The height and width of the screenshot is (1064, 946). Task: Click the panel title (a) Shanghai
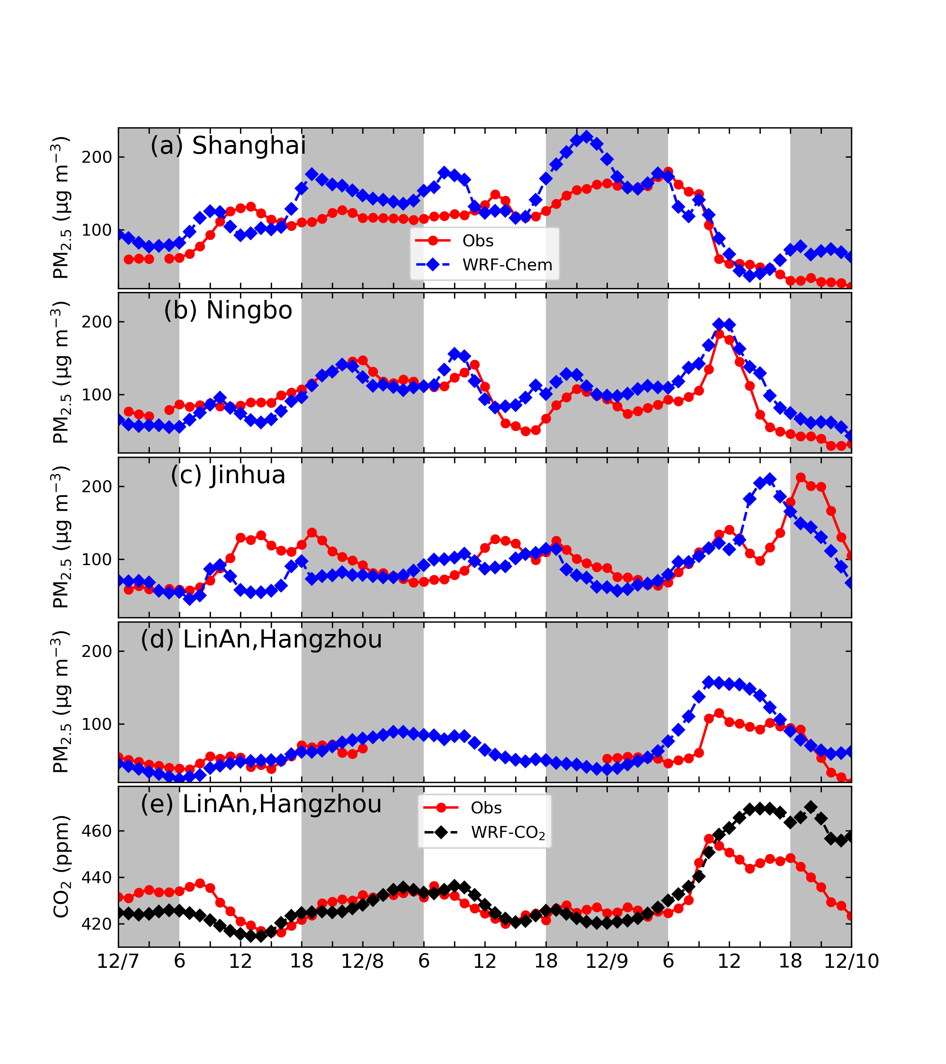[228, 146]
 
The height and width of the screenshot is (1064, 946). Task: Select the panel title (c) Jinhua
[228, 475]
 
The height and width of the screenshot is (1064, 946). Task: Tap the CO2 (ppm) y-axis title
[61, 867]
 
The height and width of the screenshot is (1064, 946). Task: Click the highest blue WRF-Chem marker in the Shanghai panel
[587, 137]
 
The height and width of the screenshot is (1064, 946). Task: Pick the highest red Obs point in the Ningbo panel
[719, 334]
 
